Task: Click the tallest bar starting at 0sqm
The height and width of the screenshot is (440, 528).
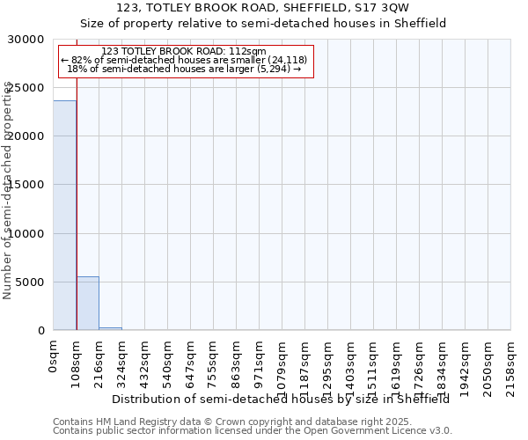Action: [x=64, y=216]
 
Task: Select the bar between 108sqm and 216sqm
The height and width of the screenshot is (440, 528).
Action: [x=87, y=304]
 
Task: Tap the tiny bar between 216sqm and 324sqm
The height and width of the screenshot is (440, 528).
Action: [x=110, y=328]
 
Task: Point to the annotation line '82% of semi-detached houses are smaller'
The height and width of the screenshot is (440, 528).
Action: [x=184, y=60]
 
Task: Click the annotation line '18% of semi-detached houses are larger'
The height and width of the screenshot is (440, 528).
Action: [x=184, y=69]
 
